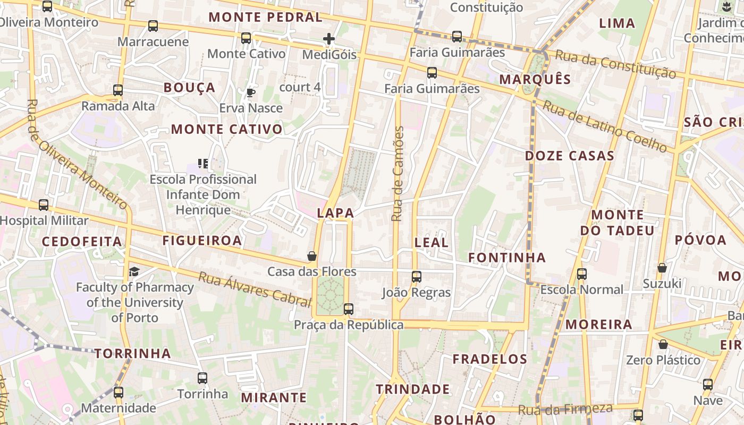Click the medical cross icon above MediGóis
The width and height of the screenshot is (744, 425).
[x=329, y=39]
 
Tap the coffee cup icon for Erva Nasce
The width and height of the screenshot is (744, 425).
[x=251, y=93]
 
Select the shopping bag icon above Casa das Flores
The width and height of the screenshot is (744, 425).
[x=312, y=257]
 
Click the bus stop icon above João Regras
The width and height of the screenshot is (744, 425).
[x=417, y=277]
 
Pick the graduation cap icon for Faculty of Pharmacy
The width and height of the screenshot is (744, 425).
[x=134, y=272]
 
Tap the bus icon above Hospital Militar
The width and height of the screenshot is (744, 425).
[x=44, y=205]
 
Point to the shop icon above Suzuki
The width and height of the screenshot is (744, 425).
[x=662, y=268]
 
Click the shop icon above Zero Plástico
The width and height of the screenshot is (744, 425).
[x=663, y=344]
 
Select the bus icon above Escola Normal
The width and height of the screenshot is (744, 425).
[x=582, y=274]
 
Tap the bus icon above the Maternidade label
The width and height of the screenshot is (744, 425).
[x=118, y=393]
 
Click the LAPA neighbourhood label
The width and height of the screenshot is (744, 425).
[x=335, y=213]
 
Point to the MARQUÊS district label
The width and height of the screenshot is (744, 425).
[x=535, y=80]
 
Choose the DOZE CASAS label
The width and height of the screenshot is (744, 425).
[x=570, y=156]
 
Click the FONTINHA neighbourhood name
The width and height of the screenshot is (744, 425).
[x=507, y=258]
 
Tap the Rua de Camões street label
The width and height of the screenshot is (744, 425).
[x=398, y=174]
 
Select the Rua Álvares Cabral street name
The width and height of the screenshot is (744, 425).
[x=255, y=290]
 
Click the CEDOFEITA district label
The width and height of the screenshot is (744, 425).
[x=82, y=242]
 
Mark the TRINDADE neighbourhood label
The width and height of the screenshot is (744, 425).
[x=413, y=389]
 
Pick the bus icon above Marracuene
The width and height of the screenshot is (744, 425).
[x=153, y=25]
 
